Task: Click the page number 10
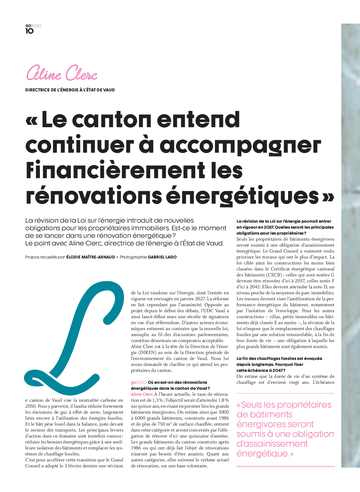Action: point(30,31)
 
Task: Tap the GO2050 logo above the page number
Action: point(33,26)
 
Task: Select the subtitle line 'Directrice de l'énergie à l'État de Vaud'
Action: point(70,90)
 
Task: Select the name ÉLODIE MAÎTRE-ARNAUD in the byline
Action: point(91,257)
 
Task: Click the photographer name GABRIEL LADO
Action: point(162,257)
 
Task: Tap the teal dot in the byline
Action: point(117,257)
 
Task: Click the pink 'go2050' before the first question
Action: point(139,382)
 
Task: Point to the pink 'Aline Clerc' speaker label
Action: point(142,394)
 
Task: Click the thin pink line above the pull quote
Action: point(285,393)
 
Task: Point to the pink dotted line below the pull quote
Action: point(285,467)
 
